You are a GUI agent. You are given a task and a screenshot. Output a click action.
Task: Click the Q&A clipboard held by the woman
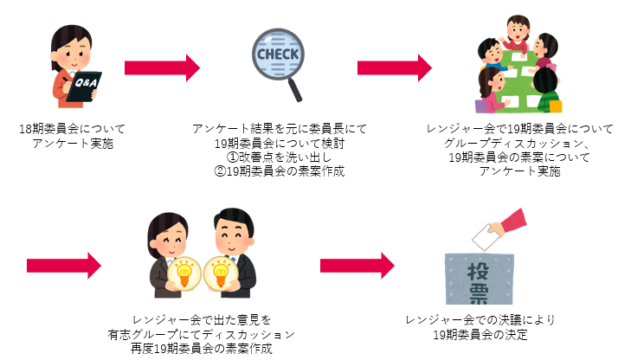85,85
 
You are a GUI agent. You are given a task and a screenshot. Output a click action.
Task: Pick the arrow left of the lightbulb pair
64,260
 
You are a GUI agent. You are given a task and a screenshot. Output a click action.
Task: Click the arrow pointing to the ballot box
357,260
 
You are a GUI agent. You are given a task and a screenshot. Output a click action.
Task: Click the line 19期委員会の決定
482,334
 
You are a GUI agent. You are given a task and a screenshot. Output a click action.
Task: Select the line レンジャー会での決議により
482,319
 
